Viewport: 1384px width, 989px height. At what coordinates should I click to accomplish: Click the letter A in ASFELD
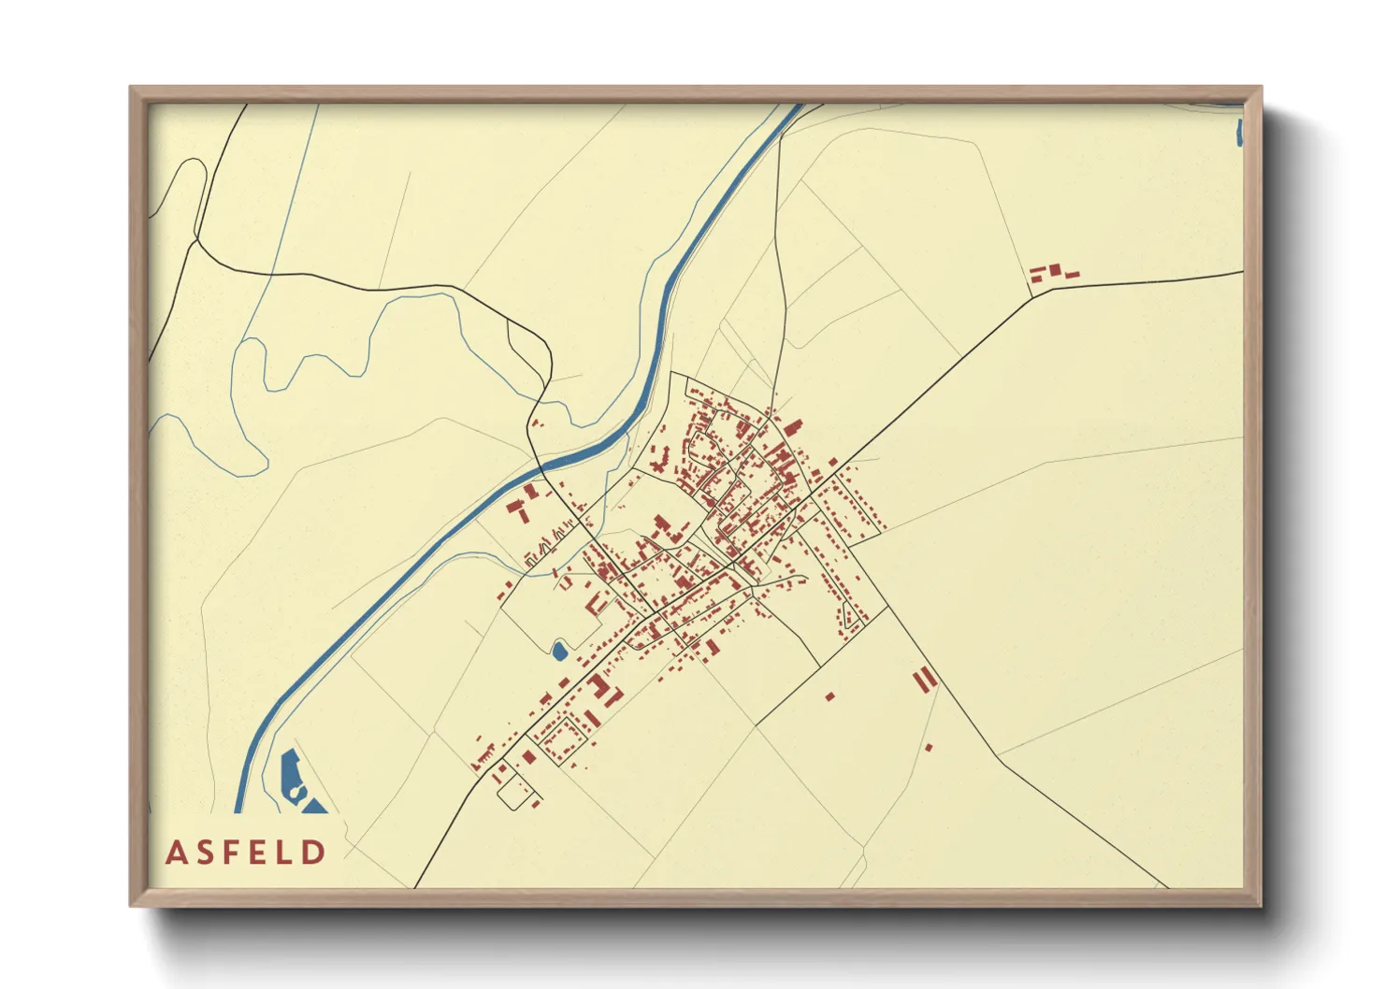coord(175,853)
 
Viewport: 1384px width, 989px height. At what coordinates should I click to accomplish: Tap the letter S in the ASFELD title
coord(208,853)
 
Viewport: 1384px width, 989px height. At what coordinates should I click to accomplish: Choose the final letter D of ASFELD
coord(317,853)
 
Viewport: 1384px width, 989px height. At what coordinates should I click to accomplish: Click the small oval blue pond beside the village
coord(559,651)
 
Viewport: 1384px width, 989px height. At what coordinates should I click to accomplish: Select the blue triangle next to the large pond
coord(314,806)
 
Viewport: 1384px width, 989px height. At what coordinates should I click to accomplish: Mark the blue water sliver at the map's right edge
coord(1239,133)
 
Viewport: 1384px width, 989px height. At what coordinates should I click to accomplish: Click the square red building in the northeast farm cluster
coord(1055,270)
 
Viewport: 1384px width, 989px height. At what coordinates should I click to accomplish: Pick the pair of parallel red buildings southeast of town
coord(924,679)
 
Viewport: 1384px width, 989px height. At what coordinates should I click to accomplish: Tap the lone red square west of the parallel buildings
coord(829,695)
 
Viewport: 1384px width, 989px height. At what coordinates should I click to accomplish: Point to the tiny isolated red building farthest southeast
coord(929,747)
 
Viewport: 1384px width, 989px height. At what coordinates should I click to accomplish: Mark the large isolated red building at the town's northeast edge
coord(793,428)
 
